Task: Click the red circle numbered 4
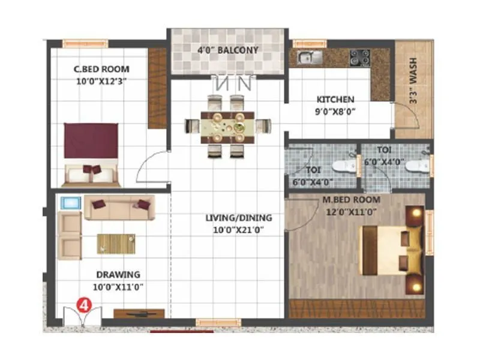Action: [85, 304]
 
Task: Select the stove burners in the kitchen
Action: [359, 57]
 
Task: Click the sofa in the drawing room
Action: [119, 207]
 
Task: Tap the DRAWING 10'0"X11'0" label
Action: [118, 280]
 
